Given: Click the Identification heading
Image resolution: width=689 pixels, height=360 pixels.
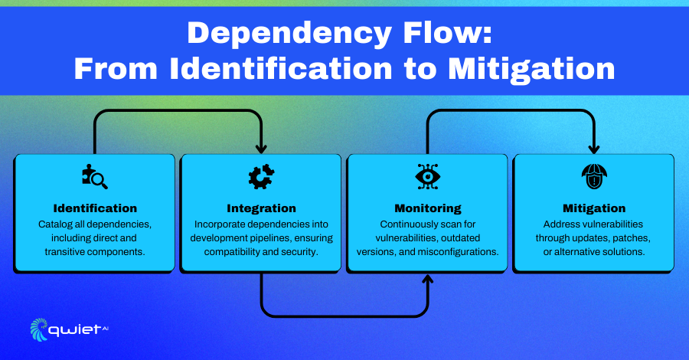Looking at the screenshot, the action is pyautogui.click(x=95, y=208).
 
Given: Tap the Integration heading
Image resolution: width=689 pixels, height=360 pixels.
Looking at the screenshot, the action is pyautogui.click(x=262, y=208).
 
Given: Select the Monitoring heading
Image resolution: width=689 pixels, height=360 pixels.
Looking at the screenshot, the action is pyautogui.click(x=428, y=208).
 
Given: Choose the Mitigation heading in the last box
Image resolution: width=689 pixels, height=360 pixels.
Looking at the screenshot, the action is pyautogui.click(x=594, y=208).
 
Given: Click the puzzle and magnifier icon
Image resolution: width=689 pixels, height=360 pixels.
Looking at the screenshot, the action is pyautogui.click(x=95, y=177).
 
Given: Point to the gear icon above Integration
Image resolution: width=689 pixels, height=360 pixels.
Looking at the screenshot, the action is pyautogui.click(x=262, y=177).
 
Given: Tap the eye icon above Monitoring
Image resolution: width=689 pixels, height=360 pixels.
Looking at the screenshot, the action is pyautogui.click(x=428, y=177).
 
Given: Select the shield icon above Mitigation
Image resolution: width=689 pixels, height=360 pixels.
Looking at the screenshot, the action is pyautogui.click(x=594, y=177).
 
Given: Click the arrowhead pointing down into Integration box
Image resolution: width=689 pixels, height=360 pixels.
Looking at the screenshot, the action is pyautogui.click(x=262, y=149).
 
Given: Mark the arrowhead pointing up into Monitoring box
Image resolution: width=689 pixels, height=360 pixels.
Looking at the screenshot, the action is pyautogui.click(x=428, y=279).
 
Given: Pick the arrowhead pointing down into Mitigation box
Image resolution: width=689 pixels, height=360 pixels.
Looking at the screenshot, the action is pyautogui.click(x=594, y=149).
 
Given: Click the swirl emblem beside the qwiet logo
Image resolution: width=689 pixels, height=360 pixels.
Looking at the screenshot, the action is pyautogui.click(x=39, y=329).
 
